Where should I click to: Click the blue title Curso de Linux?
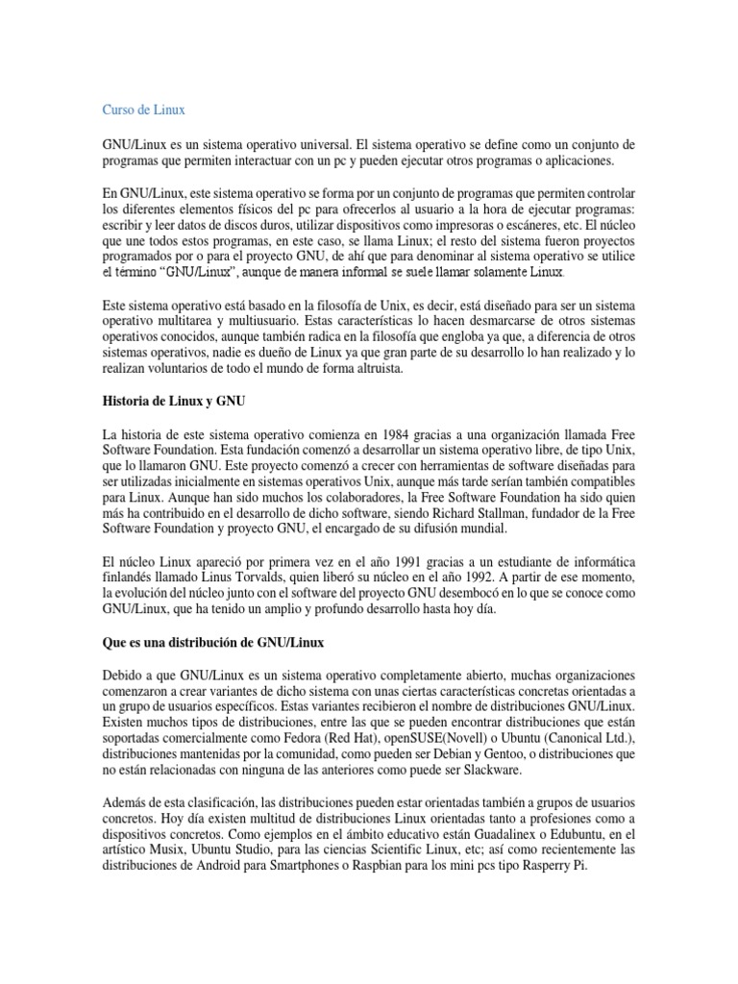144,111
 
